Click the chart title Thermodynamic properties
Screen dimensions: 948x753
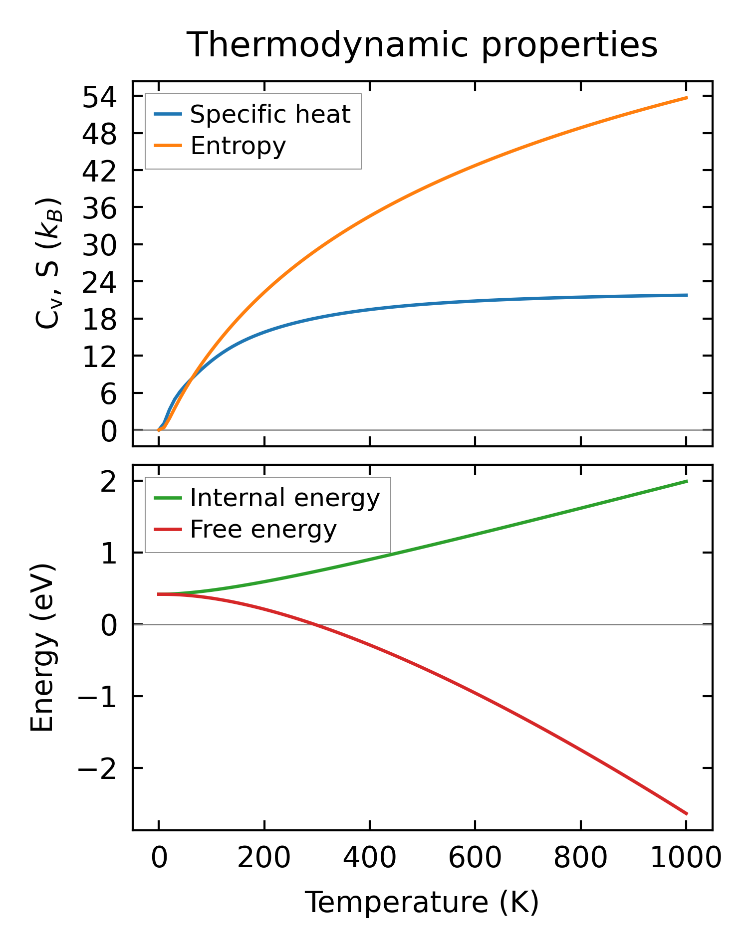tap(422, 45)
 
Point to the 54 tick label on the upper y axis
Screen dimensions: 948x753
tap(99, 97)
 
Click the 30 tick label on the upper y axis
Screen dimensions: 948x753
tap(99, 245)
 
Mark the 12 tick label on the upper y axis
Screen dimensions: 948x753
tap(99, 356)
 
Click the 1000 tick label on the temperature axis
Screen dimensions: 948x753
tap(686, 859)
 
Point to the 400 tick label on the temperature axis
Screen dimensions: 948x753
tap(369, 859)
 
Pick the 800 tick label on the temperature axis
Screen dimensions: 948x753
tap(580, 859)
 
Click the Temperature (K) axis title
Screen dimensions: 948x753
tap(422, 902)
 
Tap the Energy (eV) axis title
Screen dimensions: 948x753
tap(42, 648)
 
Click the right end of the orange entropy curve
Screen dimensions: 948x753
tap(687, 98)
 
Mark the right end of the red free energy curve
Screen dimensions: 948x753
tap(687, 814)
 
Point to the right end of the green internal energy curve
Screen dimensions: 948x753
tap(687, 481)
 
